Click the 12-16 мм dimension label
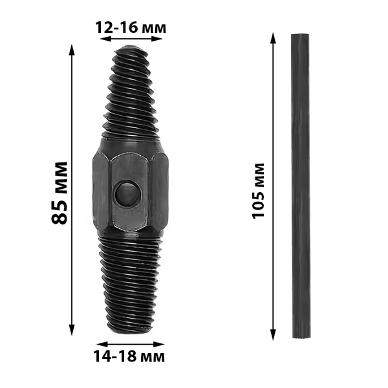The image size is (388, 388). coord(131,27)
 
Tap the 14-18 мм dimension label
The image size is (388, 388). coord(129,356)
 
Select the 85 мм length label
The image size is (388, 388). coord(59,193)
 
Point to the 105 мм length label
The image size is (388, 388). coord(259,191)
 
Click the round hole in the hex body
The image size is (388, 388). coord(128,193)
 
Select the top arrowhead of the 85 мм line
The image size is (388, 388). coord(72,50)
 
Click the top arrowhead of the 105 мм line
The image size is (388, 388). coord(273,38)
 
